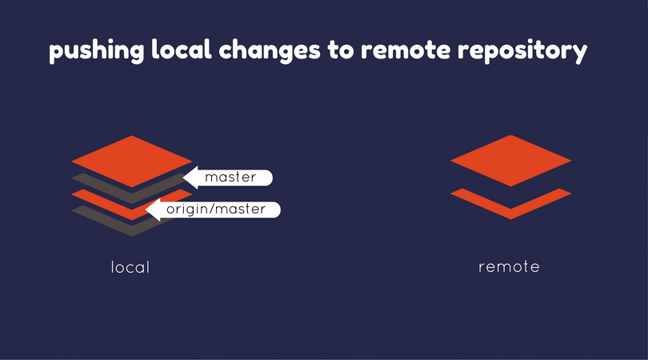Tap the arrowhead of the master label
tap(191, 178)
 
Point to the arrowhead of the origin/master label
tap(153, 210)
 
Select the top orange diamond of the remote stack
tap(510, 160)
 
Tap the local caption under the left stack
tap(130, 267)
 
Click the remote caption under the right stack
tap(509, 266)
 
